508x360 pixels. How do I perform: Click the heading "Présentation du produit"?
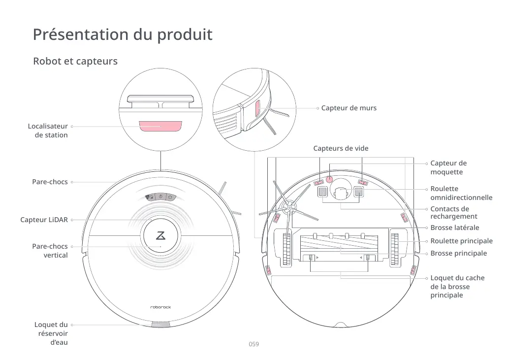click(x=123, y=35)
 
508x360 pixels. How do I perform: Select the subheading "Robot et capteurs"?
click(x=75, y=62)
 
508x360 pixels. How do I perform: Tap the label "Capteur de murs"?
click(x=349, y=108)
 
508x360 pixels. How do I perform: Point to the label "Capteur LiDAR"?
click(x=44, y=220)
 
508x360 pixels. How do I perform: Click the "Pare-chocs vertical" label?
click(x=50, y=251)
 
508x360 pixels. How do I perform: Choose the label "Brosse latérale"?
click(x=454, y=228)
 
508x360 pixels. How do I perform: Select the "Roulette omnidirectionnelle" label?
click(x=461, y=193)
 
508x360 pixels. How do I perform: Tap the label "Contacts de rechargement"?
click(x=453, y=213)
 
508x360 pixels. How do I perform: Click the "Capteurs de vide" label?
click(x=341, y=148)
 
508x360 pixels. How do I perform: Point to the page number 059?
click(x=254, y=344)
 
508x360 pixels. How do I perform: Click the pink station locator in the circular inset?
click(x=160, y=126)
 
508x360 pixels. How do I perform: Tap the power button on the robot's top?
click(x=160, y=197)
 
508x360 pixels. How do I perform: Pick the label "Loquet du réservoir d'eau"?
click(x=51, y=333)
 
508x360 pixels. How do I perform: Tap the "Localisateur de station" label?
click(x=48, y=131)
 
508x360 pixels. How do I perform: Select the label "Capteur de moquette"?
click(x=448, y=167)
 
